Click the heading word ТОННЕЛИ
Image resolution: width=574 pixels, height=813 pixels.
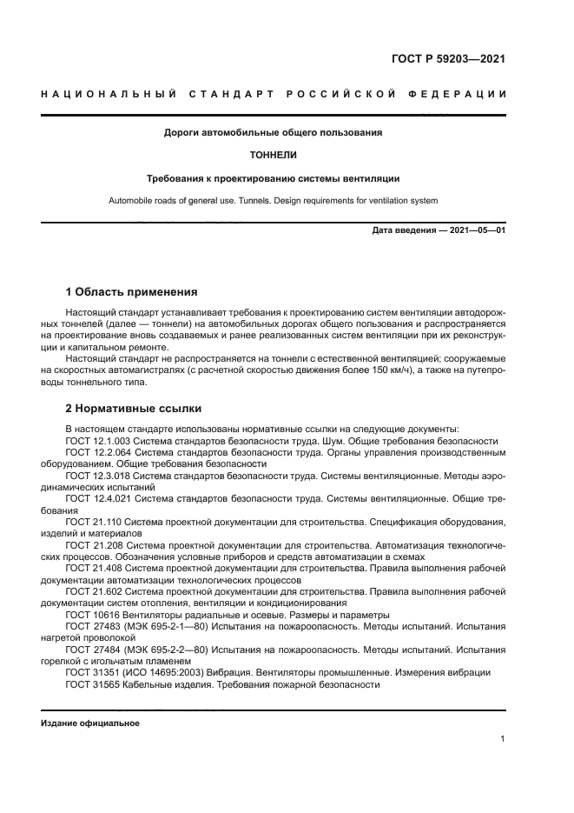(273, 156)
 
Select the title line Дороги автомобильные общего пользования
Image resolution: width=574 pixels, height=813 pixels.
(273, 133)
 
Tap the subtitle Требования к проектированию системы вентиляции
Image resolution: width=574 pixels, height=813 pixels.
(273, 178)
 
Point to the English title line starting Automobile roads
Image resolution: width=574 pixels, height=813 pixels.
(273, 201)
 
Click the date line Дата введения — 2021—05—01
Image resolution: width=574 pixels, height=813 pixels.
(439, 230)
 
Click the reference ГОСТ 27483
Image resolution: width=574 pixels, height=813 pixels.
(92, 626)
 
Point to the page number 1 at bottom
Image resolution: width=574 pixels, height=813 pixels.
(503, 739)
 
